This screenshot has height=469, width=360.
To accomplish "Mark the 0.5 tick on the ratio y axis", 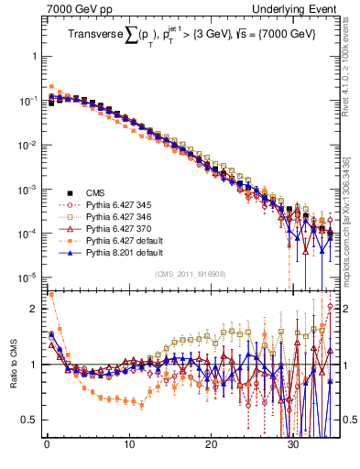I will (29, 420).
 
